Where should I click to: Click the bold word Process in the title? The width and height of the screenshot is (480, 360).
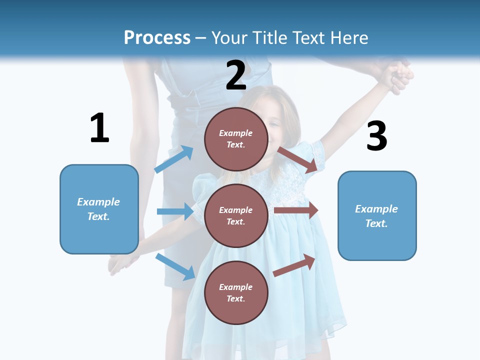tap(157, 38)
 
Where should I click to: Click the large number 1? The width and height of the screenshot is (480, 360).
tap(99, 128)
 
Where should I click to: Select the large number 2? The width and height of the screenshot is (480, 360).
tap(236, 75)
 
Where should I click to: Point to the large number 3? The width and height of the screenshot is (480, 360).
tap(376, 136)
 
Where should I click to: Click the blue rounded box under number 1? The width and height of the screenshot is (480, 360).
tap(99, 209)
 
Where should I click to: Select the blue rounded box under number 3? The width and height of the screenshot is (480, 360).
tap(377, 215)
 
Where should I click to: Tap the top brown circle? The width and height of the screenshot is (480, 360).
tap(236, 139)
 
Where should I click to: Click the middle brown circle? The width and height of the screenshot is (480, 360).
tap(236, 215)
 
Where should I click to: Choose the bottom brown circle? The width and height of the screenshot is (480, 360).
tap(236, 292)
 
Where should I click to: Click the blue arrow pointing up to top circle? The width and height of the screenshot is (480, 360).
tap(174, 159)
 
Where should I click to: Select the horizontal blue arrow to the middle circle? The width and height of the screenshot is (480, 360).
tap(175, 211)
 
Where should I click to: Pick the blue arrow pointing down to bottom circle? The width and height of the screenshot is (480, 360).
tap(175, 266)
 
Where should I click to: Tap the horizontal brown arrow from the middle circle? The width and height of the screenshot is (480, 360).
tap(296, 210)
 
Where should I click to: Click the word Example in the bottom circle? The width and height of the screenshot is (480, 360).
tap(236, 287)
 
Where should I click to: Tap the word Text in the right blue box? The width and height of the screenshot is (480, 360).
tap(376, 223)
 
